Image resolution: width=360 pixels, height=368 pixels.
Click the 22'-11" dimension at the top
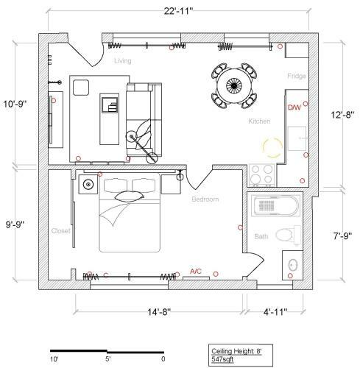[178, 11]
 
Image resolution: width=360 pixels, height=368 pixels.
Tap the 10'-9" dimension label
[15, 104]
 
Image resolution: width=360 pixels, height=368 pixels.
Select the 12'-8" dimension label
[342, 115]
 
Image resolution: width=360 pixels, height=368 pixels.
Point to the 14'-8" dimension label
[159, 312]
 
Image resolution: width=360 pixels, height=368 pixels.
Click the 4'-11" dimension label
[275, 312]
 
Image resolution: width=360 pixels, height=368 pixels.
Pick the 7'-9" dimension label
[342, 236]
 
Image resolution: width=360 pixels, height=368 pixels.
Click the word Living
[123, 61]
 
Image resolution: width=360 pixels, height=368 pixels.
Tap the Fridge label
[297, 76]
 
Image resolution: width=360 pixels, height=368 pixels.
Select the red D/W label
[294, 107]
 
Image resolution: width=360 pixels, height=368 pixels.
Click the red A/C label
[196, 272]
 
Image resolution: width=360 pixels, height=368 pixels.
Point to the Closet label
[60, 231]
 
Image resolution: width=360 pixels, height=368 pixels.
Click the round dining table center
[234, 85]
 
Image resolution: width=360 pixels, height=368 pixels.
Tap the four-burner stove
[262, 175]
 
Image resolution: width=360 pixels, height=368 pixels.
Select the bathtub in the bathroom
[276, 205]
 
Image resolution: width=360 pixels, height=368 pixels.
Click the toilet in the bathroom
[289, 236]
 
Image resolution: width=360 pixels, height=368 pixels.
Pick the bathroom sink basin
[293, 265]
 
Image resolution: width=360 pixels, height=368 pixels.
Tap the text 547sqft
[222, 359]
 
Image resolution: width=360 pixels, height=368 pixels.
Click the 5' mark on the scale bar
[108, 359]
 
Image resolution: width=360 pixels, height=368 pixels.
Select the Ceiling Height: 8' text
[236, 351]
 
